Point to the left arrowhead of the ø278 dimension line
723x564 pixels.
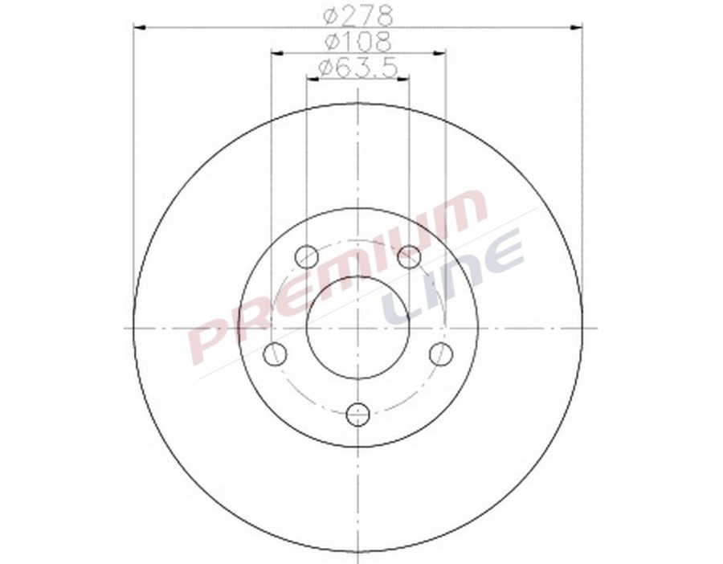[x=139, y=28]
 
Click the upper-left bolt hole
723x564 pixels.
[x=307, y=257]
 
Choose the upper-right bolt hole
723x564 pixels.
[x=409, y=257]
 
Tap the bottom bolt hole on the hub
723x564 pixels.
[x=357, y=415]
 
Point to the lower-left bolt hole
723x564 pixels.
[x=276, y=354]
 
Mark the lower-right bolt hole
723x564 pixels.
[x=440, y=354]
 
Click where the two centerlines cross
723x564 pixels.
[x=357, y=328]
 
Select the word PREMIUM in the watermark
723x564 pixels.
[x=337, y=277]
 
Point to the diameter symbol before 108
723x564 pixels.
[x=330, y=41]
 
